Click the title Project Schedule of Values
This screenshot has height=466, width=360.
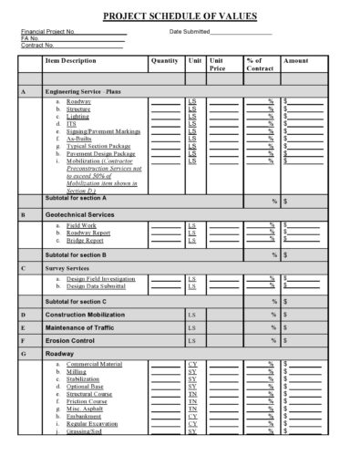[180, 16]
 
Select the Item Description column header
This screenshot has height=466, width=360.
[70, 60]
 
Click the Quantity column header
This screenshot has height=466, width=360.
[164, 60]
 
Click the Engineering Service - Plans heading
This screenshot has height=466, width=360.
[87, 92]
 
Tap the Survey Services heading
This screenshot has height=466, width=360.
[71, 270]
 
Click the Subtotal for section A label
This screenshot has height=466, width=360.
[76, 198]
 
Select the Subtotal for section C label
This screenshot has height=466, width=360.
[76, 301]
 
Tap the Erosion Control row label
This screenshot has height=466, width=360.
[71, 340]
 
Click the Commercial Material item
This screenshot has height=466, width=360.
[94, 365]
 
